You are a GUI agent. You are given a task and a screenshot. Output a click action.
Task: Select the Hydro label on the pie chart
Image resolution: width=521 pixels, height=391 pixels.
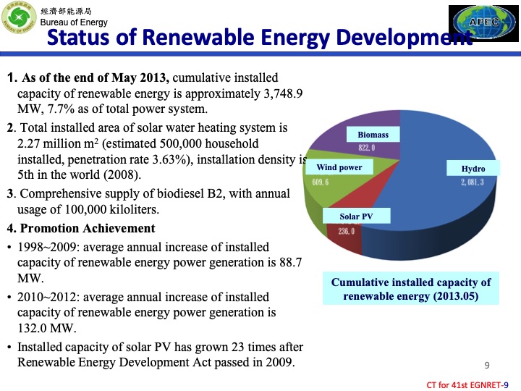(473, 169)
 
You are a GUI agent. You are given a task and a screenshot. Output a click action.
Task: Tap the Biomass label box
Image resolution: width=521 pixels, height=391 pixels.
(373, 135)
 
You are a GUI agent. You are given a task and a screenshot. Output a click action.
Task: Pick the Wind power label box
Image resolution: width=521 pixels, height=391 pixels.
(339, 167)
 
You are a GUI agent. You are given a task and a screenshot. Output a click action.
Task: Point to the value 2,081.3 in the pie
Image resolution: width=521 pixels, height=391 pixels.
(473, 182)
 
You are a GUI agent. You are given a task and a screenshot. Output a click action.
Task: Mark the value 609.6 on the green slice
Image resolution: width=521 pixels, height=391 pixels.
(321, 182)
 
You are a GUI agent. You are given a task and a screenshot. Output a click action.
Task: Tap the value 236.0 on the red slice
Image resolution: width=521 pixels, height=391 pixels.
(347, 231)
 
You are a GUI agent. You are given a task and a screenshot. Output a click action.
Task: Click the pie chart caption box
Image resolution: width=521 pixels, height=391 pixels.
(410, 289)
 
